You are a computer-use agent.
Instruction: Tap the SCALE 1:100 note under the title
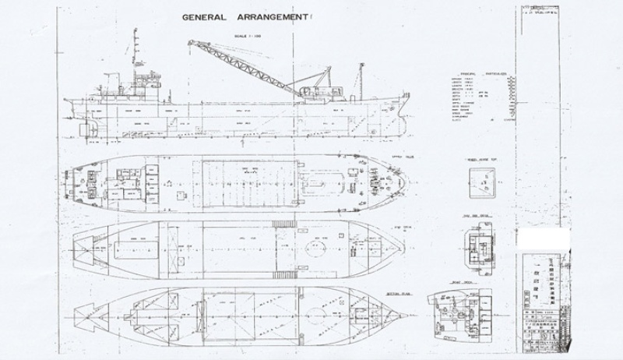coord(255,34)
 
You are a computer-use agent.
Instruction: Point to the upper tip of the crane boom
coord(189,42)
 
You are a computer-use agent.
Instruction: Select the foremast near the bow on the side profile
coord(361,75)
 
